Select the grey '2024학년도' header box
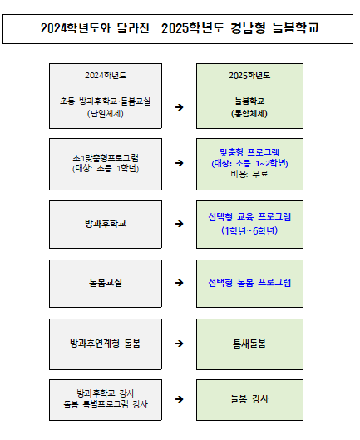click(x=105, y=74)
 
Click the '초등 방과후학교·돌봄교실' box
click(x=105, y=107)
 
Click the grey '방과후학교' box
click(x=105, y=224)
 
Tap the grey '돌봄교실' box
click(x=105, y=283)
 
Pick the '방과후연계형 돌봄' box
click(x=105, y=342)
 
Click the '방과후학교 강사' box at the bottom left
click(x=105, y=398)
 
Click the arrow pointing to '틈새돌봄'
click(x=179, y=342)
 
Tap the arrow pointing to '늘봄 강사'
click(x=179, y=398)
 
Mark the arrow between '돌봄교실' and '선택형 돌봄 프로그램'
click(x=179, y=283)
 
